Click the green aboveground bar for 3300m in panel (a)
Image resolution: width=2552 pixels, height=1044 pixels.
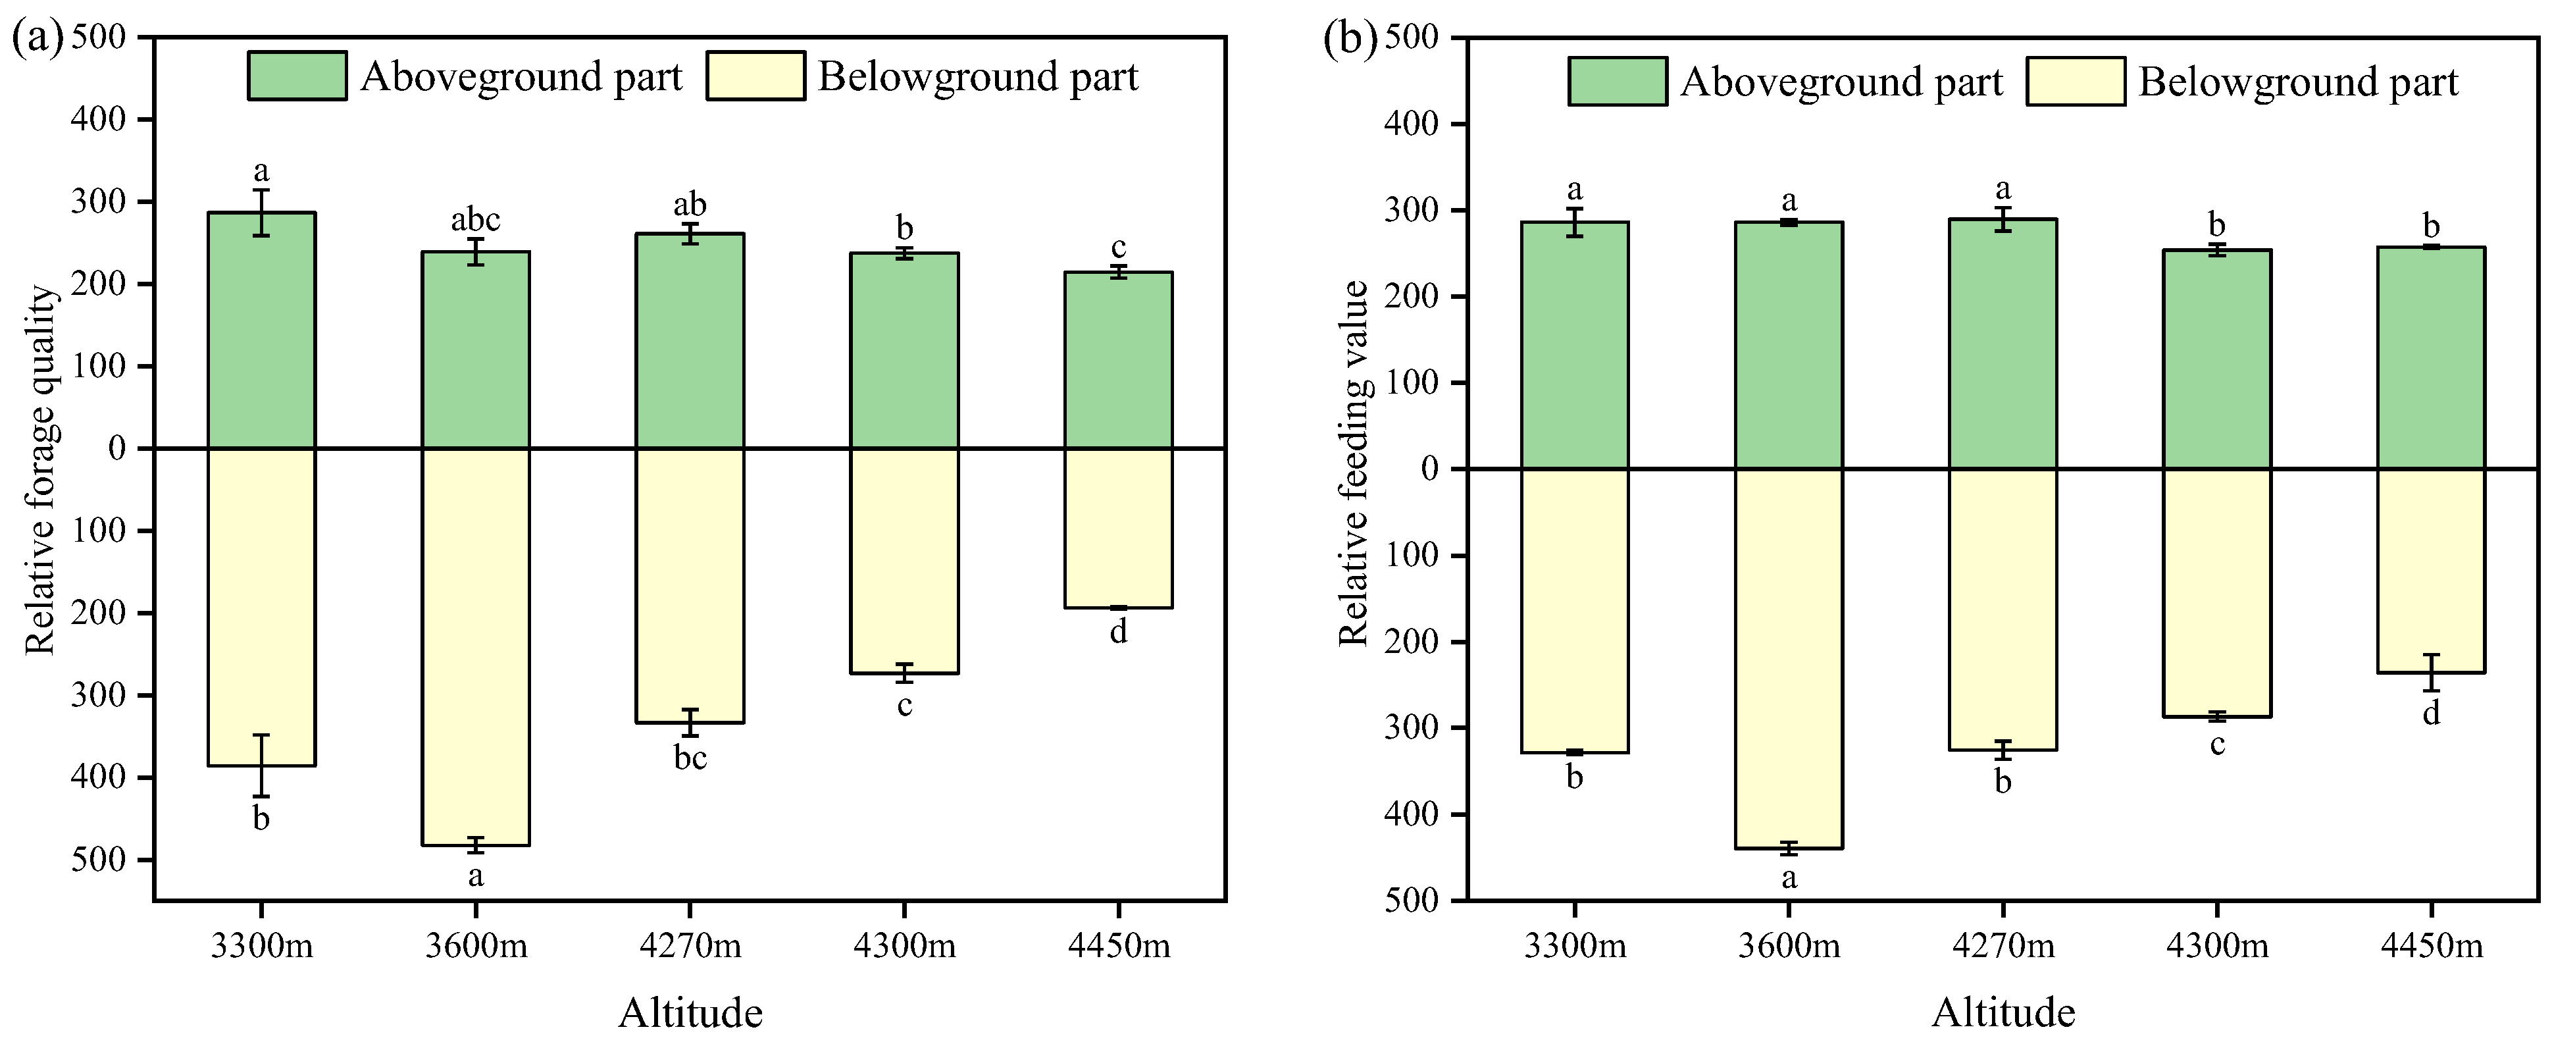coord(261,330)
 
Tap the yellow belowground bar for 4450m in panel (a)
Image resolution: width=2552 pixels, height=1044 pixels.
coord(1119,528)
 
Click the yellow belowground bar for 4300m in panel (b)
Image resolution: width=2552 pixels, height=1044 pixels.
coord(2217,592)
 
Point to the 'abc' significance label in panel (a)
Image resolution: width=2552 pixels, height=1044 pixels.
coord(476,219)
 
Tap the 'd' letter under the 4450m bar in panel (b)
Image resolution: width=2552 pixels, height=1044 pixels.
coord(2431,712)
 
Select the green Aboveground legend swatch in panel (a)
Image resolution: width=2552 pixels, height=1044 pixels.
coord(297,76)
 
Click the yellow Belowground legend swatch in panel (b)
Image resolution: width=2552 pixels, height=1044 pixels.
coord(2076,81)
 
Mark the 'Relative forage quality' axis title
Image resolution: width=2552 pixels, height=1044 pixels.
coord(39,471)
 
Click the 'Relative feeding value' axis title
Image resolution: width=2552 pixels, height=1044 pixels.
coord(1353,463)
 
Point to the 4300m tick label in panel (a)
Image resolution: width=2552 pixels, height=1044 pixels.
coord(904,946)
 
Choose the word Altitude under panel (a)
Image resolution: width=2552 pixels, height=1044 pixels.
coord(690,1012)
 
